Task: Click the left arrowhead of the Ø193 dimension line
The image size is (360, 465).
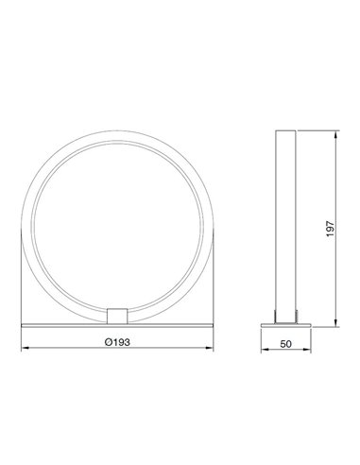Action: click(26, 349)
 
